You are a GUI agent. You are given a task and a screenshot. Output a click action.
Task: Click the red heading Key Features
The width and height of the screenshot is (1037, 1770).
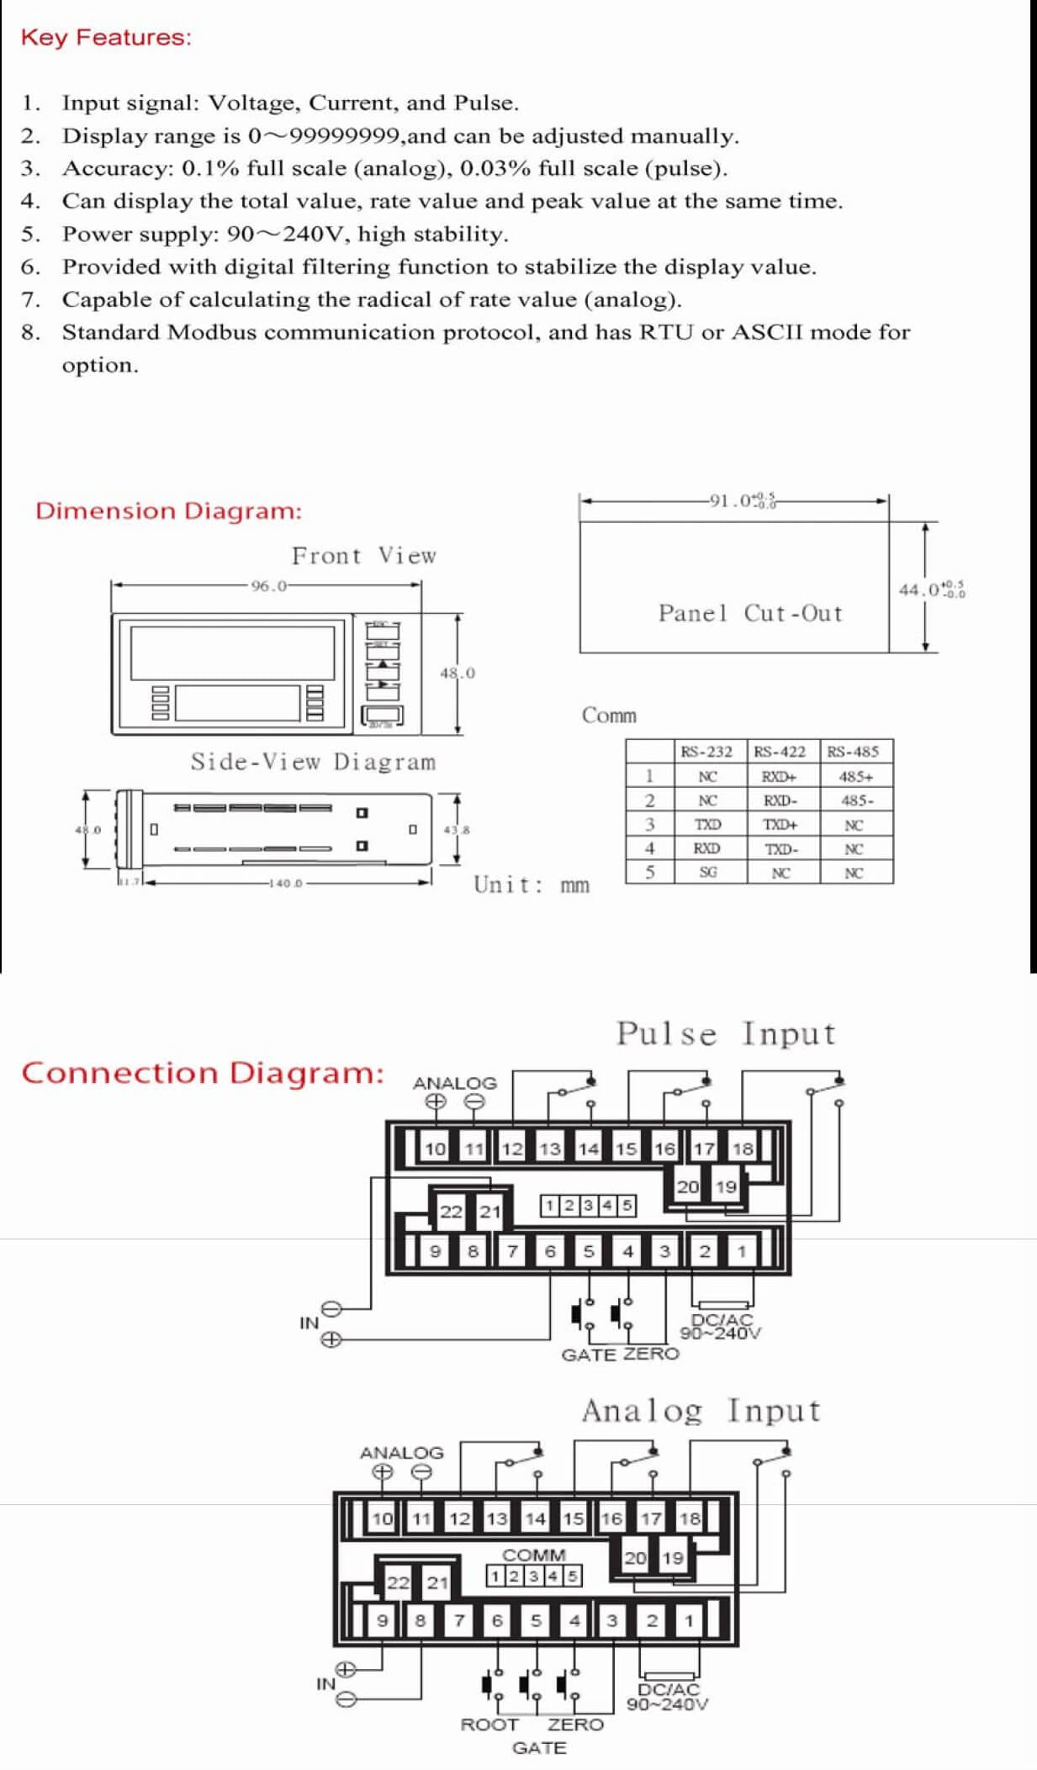click(106, 38)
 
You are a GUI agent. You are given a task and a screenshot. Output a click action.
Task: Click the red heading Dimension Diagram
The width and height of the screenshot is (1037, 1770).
click(168, 511)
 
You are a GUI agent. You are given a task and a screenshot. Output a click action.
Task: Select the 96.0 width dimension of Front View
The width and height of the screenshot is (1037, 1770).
click(269, 586)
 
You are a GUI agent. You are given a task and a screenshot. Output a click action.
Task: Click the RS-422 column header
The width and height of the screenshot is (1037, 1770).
click(780, 752)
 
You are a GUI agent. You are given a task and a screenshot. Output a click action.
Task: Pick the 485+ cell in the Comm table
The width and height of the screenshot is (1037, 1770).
click(855, 777)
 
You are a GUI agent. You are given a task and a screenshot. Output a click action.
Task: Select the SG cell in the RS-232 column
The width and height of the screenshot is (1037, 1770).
click(708, 873)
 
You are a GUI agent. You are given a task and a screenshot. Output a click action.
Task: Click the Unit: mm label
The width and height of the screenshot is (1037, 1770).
click(532, 885)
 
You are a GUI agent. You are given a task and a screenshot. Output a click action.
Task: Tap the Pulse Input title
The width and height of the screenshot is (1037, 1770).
click(726, 1034)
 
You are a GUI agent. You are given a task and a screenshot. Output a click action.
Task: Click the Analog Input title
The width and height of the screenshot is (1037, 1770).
click(701, 1411)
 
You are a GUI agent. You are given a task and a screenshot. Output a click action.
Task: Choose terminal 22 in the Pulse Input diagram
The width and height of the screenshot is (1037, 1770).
click(451, 1212)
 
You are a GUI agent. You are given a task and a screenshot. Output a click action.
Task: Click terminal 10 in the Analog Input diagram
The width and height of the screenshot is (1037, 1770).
click(383, 1519)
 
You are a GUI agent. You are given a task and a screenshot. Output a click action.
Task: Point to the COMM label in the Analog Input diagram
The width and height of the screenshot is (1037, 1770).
click(534, 1555)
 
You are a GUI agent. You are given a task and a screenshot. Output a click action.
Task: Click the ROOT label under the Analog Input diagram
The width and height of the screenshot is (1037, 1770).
click(489, 1725)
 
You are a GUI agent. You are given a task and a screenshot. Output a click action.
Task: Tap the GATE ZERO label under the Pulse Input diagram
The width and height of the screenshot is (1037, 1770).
click(620, 1355)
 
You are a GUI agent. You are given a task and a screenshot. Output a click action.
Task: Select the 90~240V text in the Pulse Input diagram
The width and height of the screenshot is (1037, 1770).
click(721, 1333)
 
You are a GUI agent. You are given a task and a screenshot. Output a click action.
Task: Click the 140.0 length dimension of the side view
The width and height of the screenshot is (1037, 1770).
click(286, 884)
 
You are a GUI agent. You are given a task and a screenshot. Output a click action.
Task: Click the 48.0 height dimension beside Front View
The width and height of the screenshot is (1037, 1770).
click(458, 673)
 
